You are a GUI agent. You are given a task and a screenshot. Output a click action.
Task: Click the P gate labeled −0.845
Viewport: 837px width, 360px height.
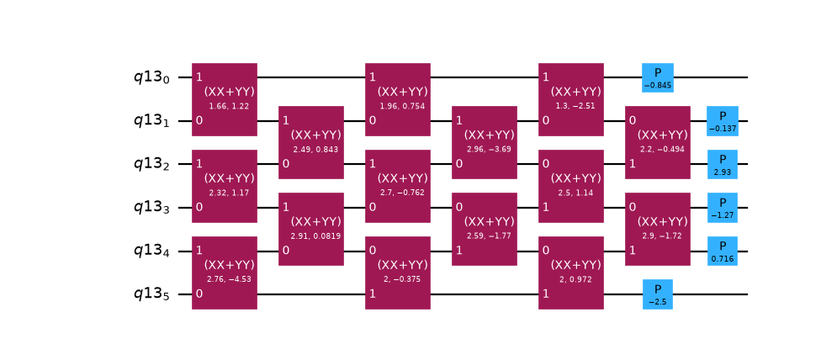coord(658,77)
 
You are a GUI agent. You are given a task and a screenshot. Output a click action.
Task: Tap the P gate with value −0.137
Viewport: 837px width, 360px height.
coord(723,121)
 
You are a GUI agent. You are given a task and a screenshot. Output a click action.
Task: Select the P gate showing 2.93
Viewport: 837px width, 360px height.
coord(723,165)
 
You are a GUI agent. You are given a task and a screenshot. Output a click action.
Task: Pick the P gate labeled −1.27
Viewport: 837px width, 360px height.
coord(723,208)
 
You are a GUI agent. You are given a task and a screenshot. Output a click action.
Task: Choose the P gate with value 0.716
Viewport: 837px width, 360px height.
coord(723,251)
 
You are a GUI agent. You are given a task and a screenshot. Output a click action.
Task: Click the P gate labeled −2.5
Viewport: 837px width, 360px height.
coord(658,294)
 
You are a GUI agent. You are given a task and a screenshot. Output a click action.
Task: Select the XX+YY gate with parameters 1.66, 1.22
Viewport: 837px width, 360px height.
coord(225,99)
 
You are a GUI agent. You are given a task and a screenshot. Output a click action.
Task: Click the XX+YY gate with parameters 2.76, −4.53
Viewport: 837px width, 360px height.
coord(225,273)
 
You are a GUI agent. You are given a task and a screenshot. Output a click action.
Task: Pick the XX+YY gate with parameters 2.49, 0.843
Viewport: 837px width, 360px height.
coord(311,143)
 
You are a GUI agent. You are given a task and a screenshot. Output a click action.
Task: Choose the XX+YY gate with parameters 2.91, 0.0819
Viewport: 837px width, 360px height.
coord(311,229)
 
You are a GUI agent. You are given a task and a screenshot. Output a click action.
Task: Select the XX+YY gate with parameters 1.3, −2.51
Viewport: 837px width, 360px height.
coord(571,99)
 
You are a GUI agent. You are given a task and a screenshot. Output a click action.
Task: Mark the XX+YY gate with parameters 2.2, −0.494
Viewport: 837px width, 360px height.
coord(658,143)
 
